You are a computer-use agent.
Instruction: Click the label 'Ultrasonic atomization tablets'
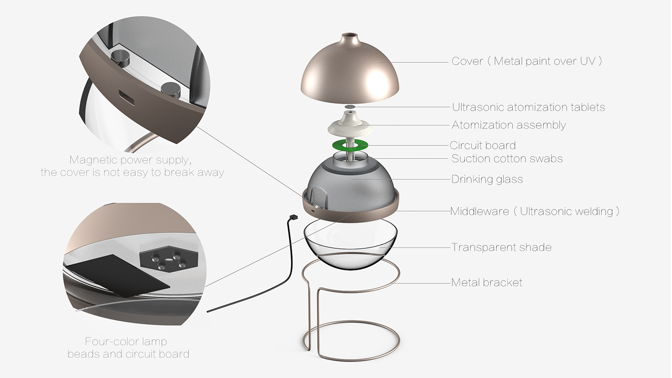(528, 107)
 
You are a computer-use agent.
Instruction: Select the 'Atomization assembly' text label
(508, 125)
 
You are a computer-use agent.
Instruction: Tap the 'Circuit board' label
(482, 146)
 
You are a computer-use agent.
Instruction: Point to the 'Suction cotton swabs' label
(507, 159)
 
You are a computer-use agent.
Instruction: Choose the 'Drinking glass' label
(487, 180)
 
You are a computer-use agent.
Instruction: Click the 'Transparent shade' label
(501, 248)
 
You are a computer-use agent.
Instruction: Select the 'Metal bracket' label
(486, 282)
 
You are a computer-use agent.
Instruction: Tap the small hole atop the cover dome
(350, 36)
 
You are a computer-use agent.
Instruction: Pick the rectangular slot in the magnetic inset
(128, 98)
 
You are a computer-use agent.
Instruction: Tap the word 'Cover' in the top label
(467, 61)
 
